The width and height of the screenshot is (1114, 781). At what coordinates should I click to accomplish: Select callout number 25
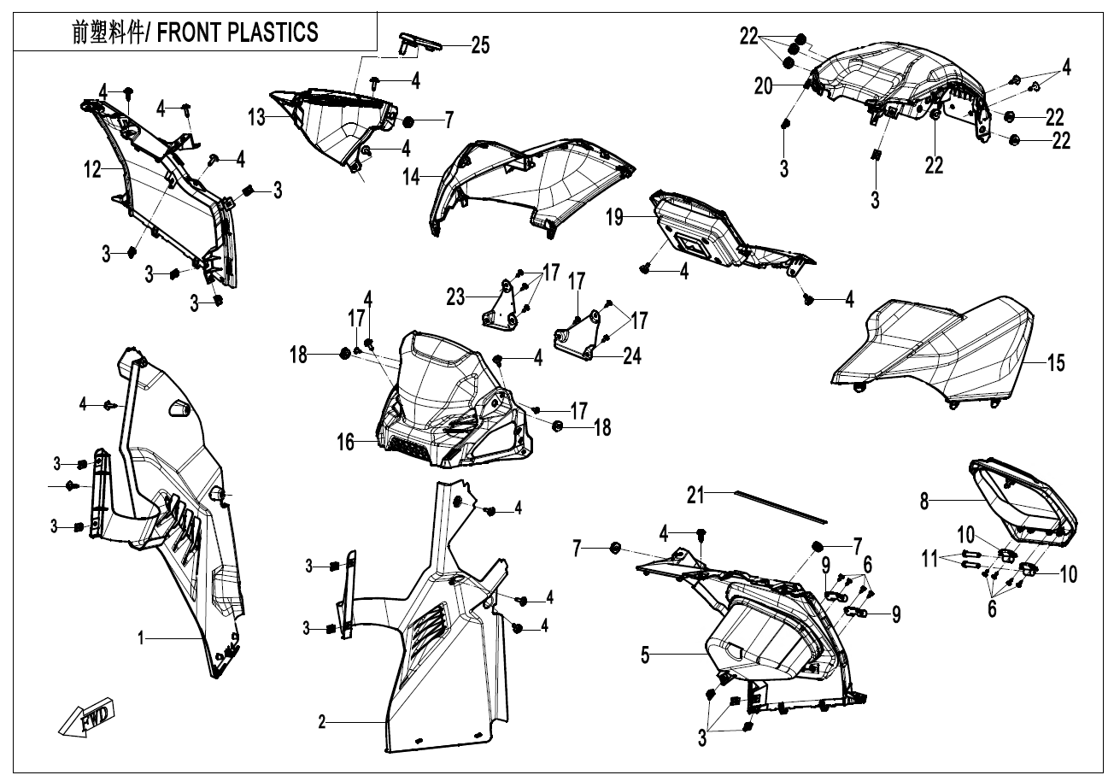[480, 45]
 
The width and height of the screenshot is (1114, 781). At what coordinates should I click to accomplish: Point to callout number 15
[1056, 363]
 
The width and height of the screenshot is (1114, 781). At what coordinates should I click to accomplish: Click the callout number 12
[92, 171]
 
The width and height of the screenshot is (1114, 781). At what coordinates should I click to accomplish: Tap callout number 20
[762, 85]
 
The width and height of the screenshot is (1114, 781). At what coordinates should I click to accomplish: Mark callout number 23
[455, 298]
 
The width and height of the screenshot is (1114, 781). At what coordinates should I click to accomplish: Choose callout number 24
[631, 355]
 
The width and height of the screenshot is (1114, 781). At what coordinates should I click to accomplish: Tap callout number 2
[322, 722]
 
